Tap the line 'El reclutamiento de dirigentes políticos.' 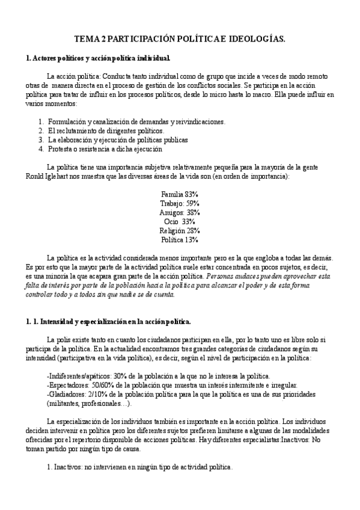[x=106, y=131]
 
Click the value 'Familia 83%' [x=180, y=195]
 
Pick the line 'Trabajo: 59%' [x=180, y=204]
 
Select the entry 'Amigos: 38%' [x=180, y=213]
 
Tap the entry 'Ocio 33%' [x=180, y=222]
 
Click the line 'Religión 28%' [x=180, y=231]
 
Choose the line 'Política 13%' [x=180, y=240]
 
